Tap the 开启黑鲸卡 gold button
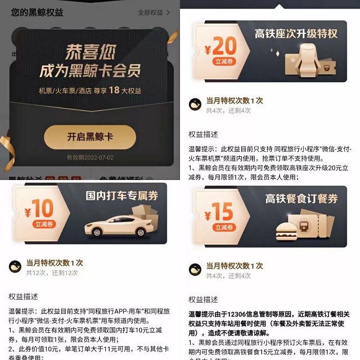[90, 137]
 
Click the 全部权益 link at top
[153, 12]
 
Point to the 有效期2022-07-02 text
[90, 157]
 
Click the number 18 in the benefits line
[114, 91]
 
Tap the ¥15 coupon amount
[219, 213]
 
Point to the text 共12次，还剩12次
[52, 272]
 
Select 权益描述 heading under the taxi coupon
[23, 296]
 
